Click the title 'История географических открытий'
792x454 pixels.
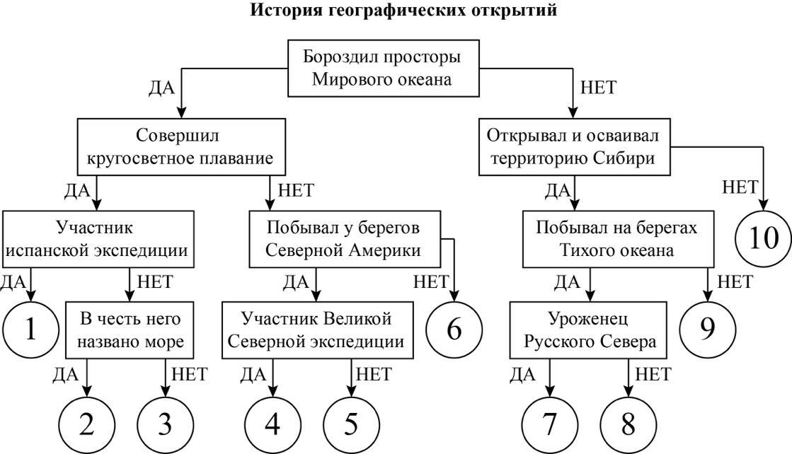(403, 10)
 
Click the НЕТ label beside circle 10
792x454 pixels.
(740, 187)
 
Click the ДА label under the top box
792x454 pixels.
(161, 88)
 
